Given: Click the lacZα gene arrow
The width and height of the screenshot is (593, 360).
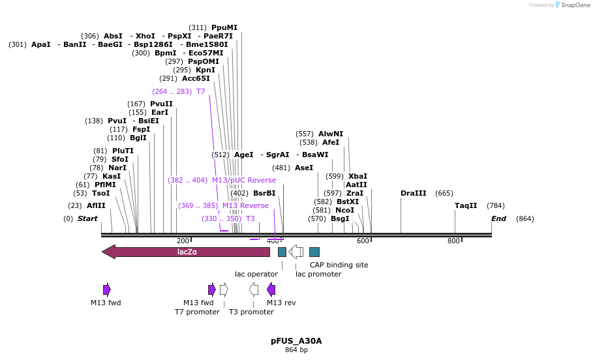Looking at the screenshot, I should click(x=186, y=252).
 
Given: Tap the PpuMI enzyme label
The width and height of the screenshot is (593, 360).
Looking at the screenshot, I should click(x=224, y=27).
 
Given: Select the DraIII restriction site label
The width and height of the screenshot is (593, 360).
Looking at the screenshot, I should click(x=413, y=193).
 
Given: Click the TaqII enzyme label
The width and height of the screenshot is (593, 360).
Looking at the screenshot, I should click(x=466, y=205).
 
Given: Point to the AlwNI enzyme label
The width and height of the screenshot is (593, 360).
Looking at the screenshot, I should click(x=330, y=134).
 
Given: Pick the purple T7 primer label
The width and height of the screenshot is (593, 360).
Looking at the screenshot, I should click(x=200, y=91).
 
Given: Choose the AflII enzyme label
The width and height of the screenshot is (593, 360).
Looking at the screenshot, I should click(x=96, y=205).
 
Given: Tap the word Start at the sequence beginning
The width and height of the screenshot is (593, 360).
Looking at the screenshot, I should click(x=87, y=218).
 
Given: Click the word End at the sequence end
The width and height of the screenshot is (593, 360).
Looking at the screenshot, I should click(x=498, y=218).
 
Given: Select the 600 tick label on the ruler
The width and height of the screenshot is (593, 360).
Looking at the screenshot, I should click(x=363, y=241).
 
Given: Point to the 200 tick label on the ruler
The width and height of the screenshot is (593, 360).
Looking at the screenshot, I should click(x=183, y=241).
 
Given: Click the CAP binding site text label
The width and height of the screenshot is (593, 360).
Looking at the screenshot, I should click(x=339, y=265).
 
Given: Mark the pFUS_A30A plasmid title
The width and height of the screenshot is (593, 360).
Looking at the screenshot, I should click(x=296, y=340).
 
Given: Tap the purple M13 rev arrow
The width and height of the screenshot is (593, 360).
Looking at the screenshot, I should click(x=271, y=290).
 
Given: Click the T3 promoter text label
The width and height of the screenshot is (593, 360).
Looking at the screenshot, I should click(x=251, y=312).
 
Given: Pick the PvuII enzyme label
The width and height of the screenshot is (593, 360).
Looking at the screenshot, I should click(x=161, y=104).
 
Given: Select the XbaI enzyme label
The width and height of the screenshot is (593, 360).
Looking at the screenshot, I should click(x=357, y=176).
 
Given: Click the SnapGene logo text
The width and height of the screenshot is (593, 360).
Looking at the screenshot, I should click(x=575, y=5).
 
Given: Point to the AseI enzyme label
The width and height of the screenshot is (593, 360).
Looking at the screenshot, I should click(x=304, y=168).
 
